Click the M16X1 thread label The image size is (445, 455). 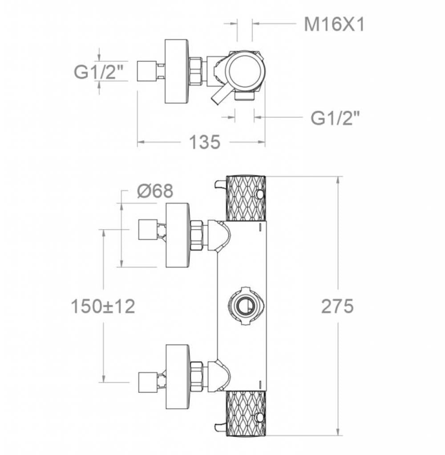(334, 25)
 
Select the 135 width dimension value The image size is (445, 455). (205, 142)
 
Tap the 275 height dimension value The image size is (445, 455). (337, 306)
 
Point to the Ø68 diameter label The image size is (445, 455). (155, 192)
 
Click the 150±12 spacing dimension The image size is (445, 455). (103, 306)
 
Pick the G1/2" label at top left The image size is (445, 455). (98, 72)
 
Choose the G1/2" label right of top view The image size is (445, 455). (335, 118)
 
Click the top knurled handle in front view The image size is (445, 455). (246, 199)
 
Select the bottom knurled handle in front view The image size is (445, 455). (246, 413)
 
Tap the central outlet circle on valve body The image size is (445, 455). (244, 307)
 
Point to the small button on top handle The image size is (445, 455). (260, 195)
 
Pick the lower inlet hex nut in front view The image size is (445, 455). (197, 376)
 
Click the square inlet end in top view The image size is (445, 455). (146, 72)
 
